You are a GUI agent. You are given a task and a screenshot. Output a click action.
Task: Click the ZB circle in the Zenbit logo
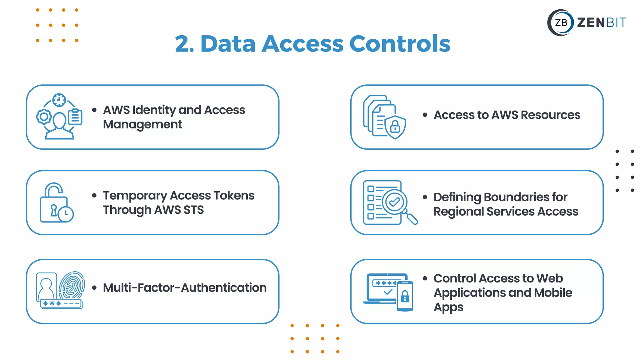[x=561, y=22]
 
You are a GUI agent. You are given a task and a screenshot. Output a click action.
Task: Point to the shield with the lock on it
[x=395, y=127]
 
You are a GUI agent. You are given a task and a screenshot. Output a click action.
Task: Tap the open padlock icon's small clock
[x=66, y=214]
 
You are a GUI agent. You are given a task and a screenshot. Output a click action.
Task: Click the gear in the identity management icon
[x=44, y=117]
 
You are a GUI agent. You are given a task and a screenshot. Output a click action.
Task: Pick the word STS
[x=194, y=210]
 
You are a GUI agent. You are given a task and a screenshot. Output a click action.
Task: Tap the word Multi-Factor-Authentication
[x=185, y=288]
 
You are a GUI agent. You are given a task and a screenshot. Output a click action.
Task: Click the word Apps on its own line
[x=448, y=307]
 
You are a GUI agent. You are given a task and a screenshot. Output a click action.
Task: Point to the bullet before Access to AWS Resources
[x=425, y=115]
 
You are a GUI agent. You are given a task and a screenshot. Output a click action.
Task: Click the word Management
[x=142, y=124]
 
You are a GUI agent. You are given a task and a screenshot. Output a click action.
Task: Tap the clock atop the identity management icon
[x=59, y=100]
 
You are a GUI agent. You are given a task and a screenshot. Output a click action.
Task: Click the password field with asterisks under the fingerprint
[x=61, y=303]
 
